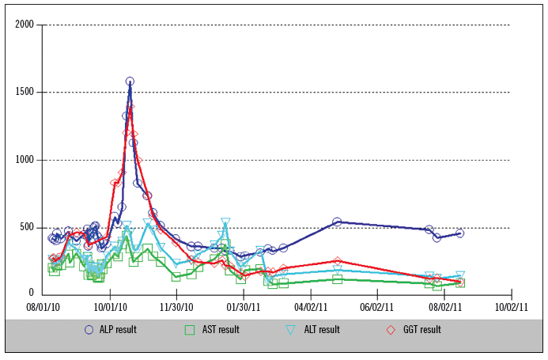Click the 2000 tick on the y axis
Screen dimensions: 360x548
24,25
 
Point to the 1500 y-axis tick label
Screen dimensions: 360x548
24,93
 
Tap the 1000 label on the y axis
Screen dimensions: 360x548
24,160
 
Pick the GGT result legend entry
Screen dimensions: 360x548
414,330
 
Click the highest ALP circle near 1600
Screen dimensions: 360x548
130,81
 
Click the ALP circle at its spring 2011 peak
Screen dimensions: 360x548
337,222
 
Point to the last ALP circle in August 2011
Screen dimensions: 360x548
459,233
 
